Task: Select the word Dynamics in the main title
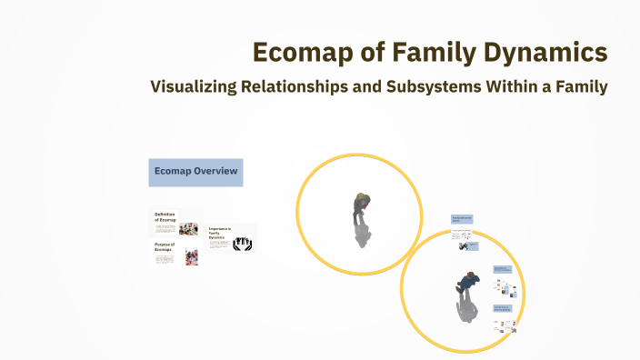point(551,53)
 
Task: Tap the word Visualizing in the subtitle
point(195,87)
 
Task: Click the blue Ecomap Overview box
point(195,172)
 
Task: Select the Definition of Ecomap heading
point(165,216)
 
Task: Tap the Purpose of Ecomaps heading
point(165,246)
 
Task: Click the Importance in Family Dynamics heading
point(219,234)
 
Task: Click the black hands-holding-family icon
point(243,243)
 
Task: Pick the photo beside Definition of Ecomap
point(189,229)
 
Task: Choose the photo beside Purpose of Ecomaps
point(191,257)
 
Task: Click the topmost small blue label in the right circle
point(462,219)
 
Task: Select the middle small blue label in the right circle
point(501,269)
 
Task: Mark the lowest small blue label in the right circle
point(502,308)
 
